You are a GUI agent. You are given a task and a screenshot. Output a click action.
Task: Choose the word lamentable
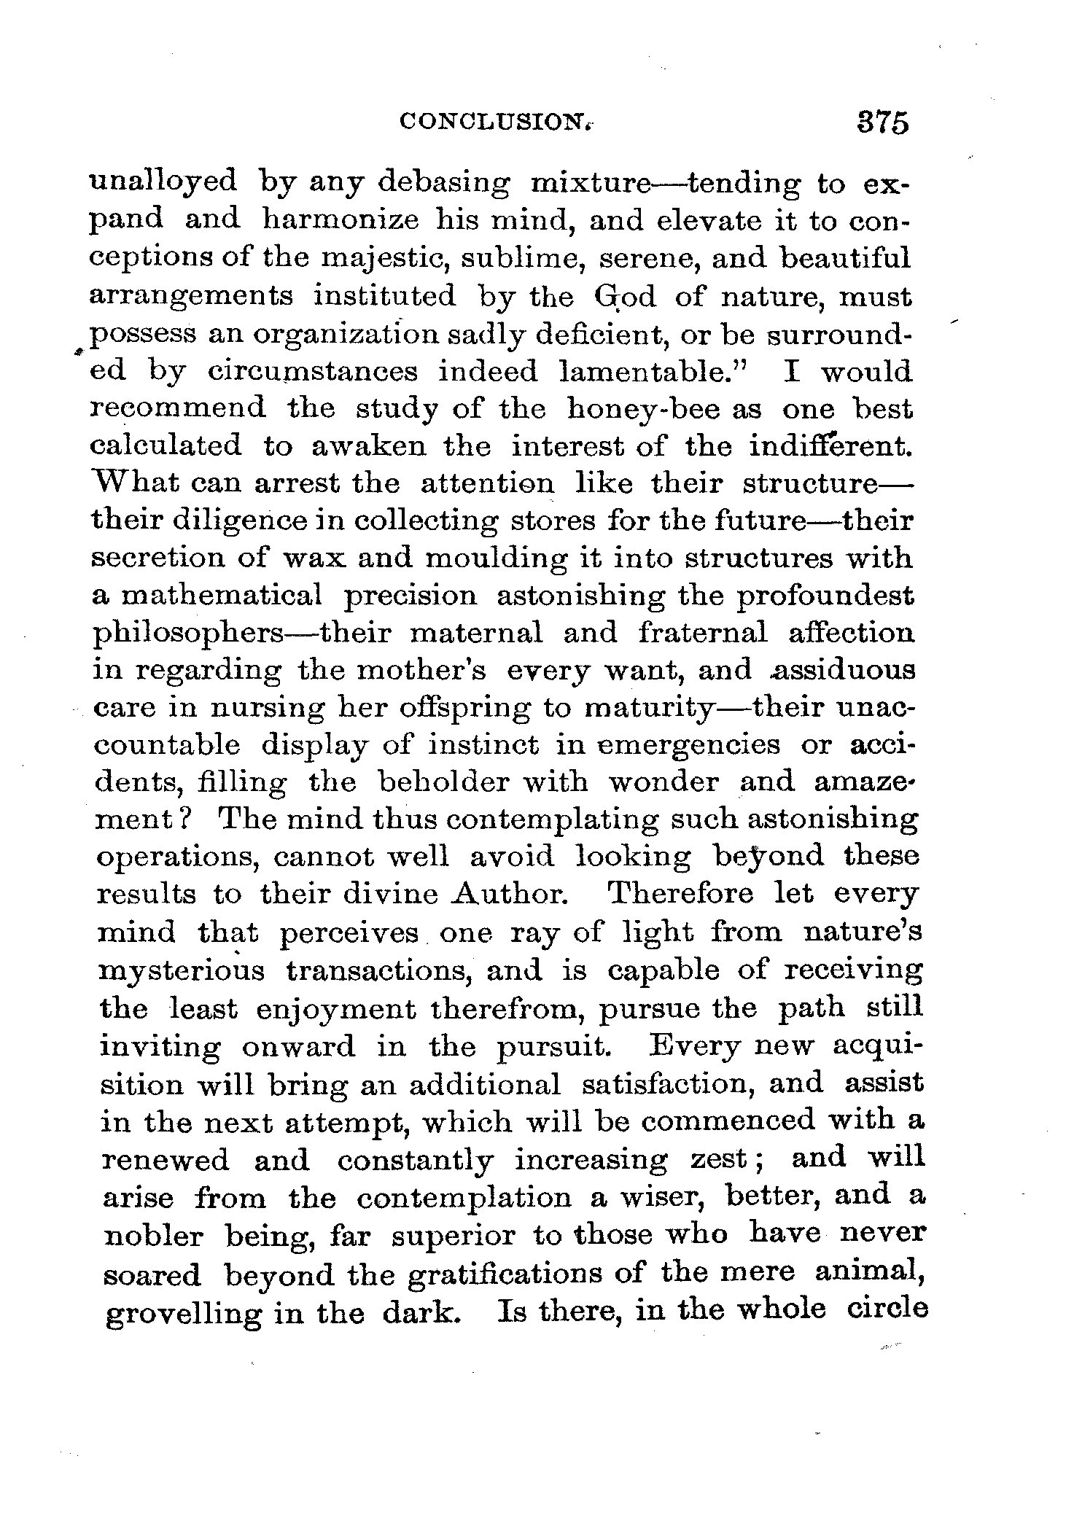(659, 372)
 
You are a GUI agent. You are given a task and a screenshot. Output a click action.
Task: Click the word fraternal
(702, 633)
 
